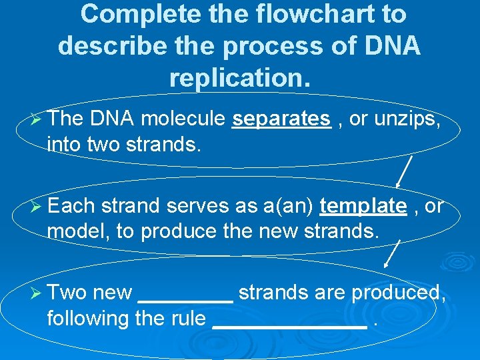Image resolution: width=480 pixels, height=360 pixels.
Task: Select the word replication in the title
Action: click(239, 77)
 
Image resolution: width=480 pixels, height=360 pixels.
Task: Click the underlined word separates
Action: click(281, 119)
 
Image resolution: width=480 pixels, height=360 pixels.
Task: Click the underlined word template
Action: click(363, 206)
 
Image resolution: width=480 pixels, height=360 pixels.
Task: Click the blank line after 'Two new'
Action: click(185, 301)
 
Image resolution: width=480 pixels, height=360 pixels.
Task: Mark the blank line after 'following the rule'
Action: click(289, 327)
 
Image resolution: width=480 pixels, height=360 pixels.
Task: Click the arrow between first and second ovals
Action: click(404, 171)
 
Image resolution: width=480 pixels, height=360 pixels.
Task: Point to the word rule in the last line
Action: click(187, 319)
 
